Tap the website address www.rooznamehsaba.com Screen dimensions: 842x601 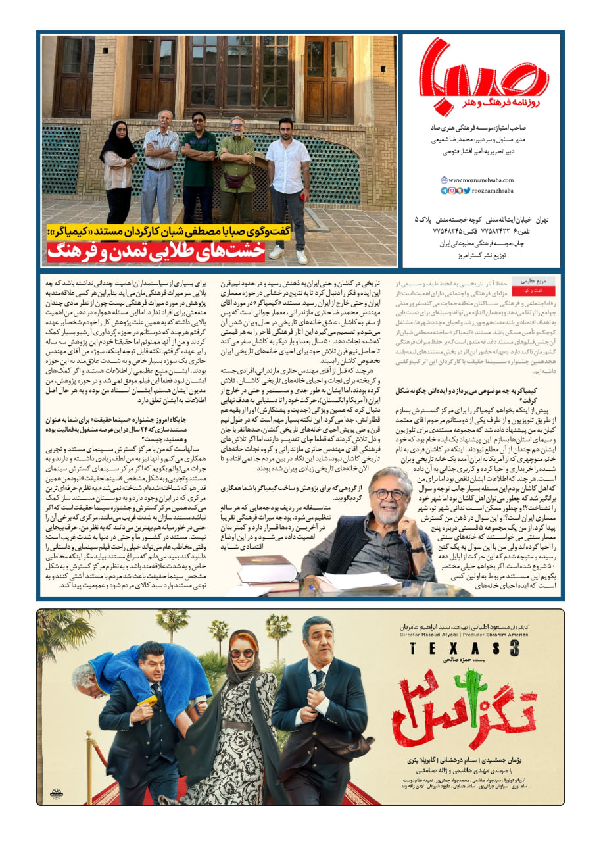click(x=481, y=180)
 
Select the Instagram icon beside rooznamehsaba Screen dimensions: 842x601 click(x=452, y=191)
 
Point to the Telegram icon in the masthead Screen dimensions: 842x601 click(x=445, y=191)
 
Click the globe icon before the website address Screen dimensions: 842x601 click(x=445, y=180)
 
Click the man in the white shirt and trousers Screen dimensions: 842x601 click(x=288, y=178)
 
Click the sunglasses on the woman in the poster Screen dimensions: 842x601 click(x=241, y=653)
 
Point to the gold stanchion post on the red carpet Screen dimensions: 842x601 click(x=92, y=763)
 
